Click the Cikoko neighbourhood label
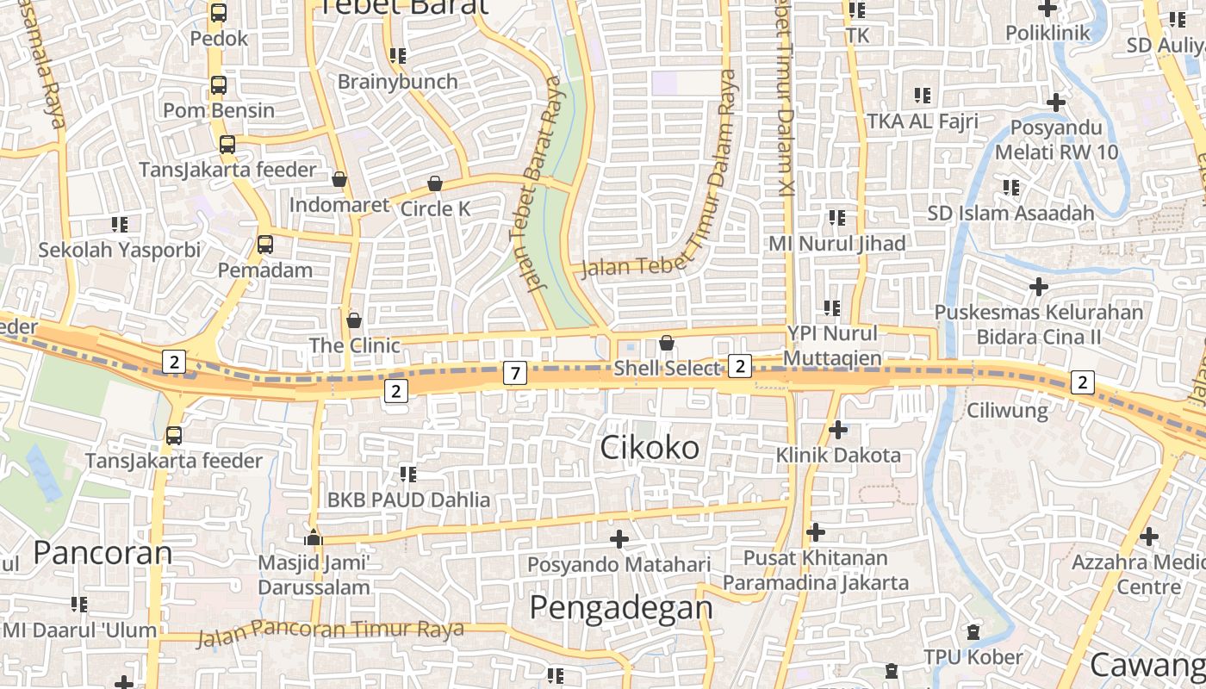pos(650,448)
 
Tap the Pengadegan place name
pos(620,608)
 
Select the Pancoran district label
pos(103,552)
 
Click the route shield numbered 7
pos(514,373)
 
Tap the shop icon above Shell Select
pos(666,343)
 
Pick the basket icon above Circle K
pos(435,183)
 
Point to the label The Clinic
pos(355,345)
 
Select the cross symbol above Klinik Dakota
pos(837,429)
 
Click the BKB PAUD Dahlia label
pos(408,500)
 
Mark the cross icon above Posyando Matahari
pos(619,539)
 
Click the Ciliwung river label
pos(1007,410)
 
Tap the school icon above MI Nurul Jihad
pos(836,218)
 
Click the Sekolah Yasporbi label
pos(119,251)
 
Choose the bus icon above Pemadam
pos(264,245)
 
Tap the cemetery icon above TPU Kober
pos(973,632)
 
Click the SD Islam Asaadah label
pos(1010,213)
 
